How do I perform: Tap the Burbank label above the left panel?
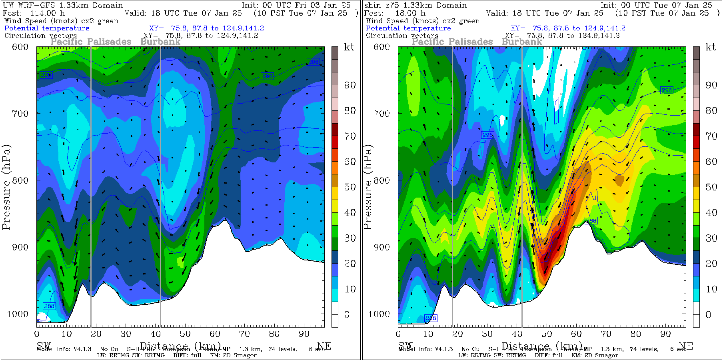[160, 42]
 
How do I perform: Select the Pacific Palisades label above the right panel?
[452, 42]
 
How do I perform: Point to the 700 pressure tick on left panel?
[20, 114]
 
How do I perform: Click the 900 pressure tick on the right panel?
[381, 247]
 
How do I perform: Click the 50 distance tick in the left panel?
[185, 334]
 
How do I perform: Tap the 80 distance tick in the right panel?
[636, 334]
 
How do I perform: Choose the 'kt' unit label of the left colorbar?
[349, 47]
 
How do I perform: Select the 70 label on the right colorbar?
[711, 136]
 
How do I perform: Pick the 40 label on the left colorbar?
[350, 213]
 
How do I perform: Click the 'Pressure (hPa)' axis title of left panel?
[6, 187]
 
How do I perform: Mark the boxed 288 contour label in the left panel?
[49, 306]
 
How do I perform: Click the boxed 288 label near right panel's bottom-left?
[431, 318]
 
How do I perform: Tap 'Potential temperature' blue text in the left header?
[47, 28]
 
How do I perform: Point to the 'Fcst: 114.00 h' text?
[34, 13]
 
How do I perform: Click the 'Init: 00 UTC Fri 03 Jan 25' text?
[296, 5]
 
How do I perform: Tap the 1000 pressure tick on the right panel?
[379, 314]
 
